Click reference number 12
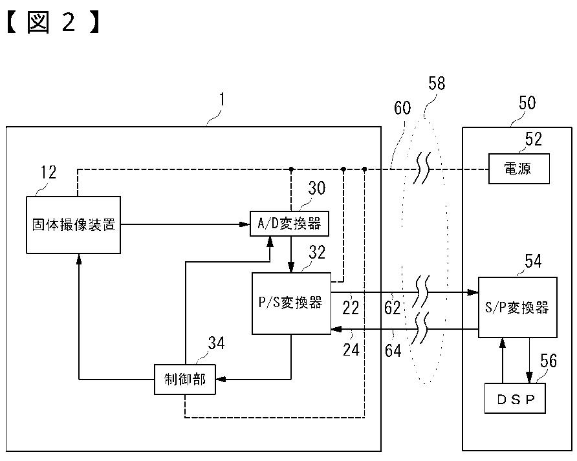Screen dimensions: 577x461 tap(49, 172)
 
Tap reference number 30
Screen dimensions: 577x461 tap(317, 188)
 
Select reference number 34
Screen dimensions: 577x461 tap(216, 343)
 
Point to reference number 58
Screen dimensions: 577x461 tap(437, 83)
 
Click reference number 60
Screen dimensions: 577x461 tap(402, 108)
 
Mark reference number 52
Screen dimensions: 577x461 tap(534, 139)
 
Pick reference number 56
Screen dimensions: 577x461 tap(549, 361)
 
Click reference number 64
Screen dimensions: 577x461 tap(393, 350)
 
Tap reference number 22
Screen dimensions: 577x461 tap(351, 308)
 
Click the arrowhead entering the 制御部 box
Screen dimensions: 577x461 tap(220, 379)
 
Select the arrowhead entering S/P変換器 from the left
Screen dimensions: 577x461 tap(474, 293)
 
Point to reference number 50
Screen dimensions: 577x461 tap(527, 103)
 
